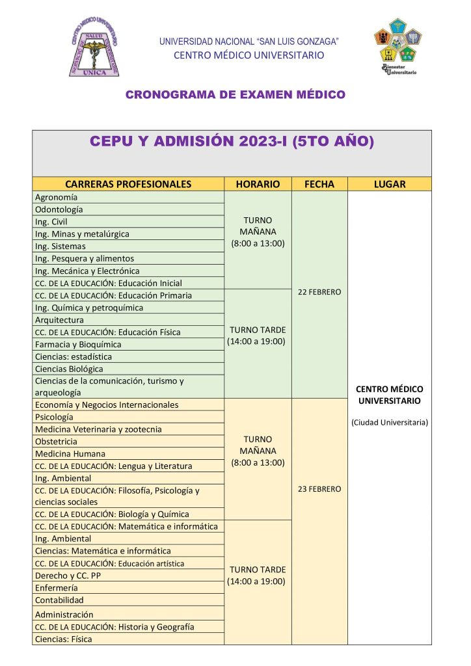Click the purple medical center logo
pyautogui.click(x=94, y=47)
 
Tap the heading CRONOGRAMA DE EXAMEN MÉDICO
pyautogui.click(x=235, y=95)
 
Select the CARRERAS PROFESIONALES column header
pyautogui.click(x=128, y=184)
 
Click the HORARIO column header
pyautogui.click(x=258, y=184)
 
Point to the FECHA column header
pyautogui.click(x=319, y=184)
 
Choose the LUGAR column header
pyautogui.click(x=389, y=184)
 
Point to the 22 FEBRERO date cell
pyautogui.click(x=319, y=292)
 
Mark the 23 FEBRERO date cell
pyautogui.click(x=319, y=488)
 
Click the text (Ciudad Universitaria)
pyautogui.click(x=389, y=422)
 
